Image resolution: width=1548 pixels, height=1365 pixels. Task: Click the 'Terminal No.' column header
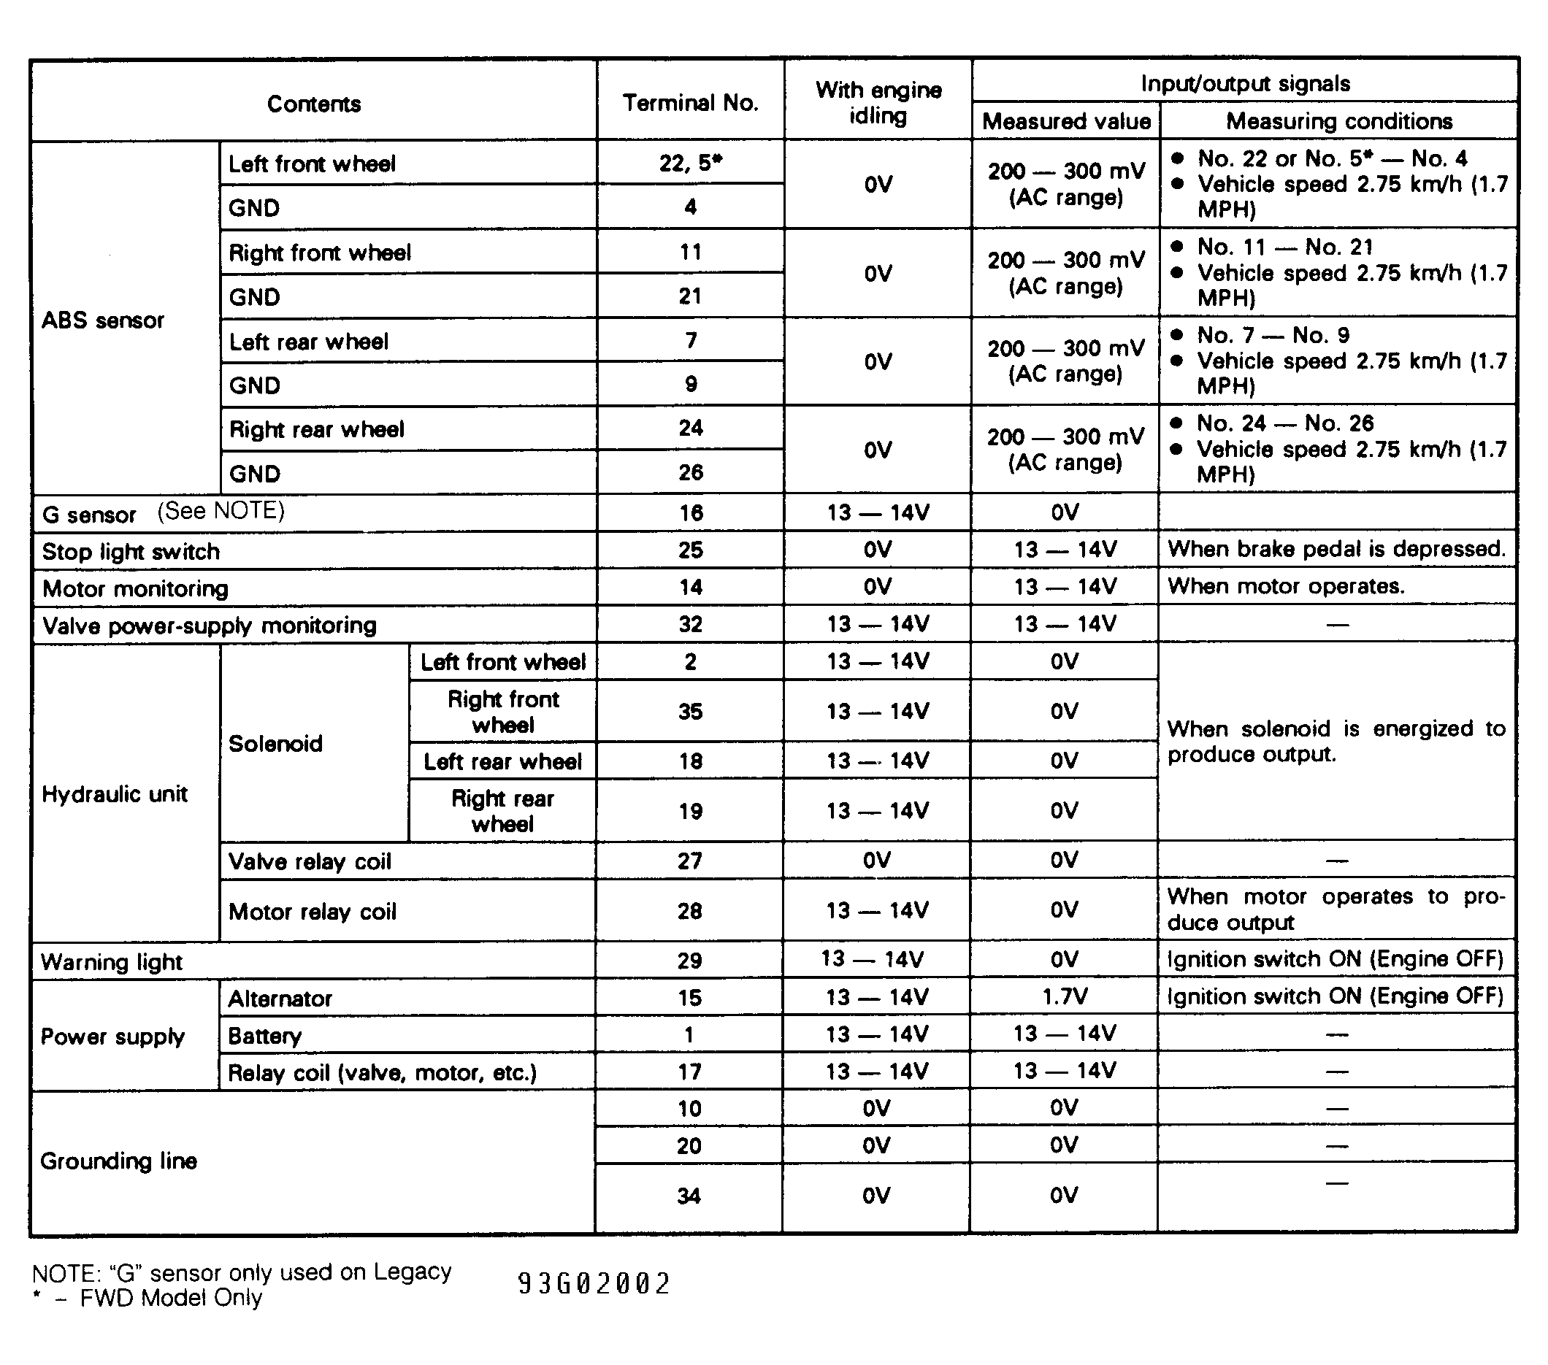(690, 103)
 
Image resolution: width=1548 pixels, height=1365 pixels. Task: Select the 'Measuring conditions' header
(1339, 121)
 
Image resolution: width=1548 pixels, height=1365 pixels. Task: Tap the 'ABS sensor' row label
(102, 320)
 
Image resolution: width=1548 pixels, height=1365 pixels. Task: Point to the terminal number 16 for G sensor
(690, 513)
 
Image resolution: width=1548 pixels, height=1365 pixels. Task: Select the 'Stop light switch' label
(131, 552)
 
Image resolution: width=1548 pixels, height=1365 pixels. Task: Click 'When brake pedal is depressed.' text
(1337, 549)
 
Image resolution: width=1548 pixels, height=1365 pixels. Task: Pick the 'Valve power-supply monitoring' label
(209, 626)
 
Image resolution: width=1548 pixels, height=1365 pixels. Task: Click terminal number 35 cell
(690, 712)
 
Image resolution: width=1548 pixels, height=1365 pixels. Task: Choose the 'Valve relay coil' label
(310, 861)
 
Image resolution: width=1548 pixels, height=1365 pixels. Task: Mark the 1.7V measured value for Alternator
(1064, 997)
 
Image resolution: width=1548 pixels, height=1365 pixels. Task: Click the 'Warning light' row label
(112, 962)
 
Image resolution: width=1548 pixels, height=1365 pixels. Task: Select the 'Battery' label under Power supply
(265, 1036)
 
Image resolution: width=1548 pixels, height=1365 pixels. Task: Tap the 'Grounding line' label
(119, 1161)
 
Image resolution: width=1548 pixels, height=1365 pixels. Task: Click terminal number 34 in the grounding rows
(689, 1196)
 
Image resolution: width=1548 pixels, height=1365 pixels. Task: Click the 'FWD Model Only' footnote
(171, 1299)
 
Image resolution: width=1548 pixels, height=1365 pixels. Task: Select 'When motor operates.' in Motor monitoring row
(1286, 586)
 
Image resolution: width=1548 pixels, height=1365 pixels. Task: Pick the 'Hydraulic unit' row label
(115, 794)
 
